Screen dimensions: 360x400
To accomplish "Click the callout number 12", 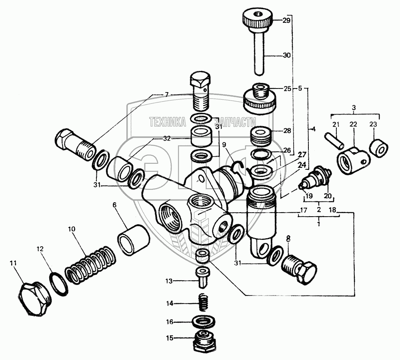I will point(40,248).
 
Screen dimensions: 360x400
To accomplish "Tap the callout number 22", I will point(353,125).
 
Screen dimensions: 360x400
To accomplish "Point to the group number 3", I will point(354,108).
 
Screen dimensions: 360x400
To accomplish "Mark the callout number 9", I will point(224,145).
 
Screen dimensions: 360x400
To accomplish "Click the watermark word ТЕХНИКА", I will point(168,122).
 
